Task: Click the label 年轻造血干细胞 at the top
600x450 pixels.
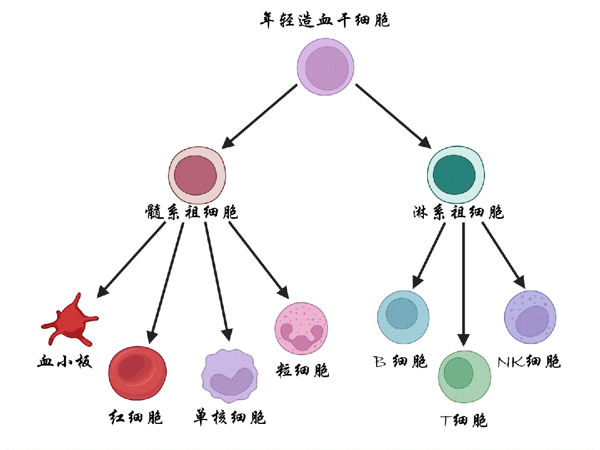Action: [325, 21]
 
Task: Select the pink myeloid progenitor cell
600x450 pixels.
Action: [198, 176]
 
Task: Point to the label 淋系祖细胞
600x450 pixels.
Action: [458, 212]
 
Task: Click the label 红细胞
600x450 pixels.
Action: [136, 417]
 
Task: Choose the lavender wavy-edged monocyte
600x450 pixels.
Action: [229, 376]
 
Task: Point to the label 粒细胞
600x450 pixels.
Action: [302, 370]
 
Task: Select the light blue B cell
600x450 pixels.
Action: [403, 316]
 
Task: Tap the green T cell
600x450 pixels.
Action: [465, 377]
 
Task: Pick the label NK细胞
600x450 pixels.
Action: [529, 362]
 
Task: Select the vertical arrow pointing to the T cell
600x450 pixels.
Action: [464, 283]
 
